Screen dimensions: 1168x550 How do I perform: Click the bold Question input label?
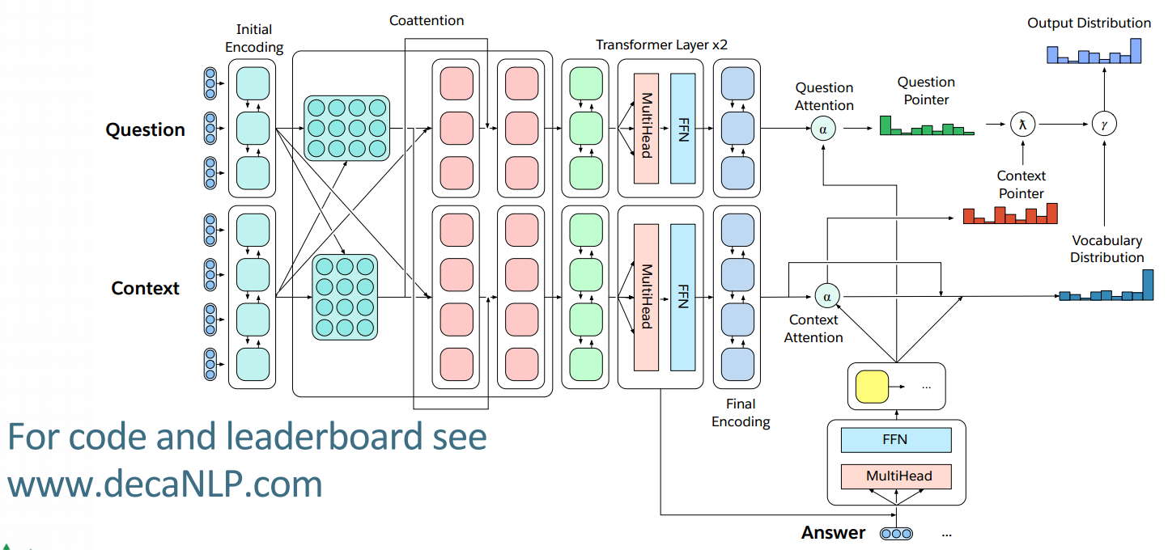pyautogui.click(x=145, y=129)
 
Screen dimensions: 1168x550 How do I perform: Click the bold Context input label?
pyautogui.click(x=145, y=288)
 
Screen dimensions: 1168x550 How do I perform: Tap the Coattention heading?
pyautogui.click(x=427, y=20)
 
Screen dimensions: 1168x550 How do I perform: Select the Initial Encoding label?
pyautogui.click(x=254, y=38)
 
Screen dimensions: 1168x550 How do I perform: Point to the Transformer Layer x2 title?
pyautogui.click(x=661, y=44)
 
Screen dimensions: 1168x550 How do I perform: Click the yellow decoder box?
pyautogui.click(x=872, y=387)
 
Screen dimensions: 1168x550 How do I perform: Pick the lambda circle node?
pyautogui.click(x=1022, y=125)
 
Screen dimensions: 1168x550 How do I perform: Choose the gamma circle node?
pyautogui.click(x=1104, y=125)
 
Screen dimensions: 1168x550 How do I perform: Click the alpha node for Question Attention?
pyautogui.click(x=823, y=129)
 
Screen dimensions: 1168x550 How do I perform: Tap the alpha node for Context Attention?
pyautogui.click(x=827, y=296)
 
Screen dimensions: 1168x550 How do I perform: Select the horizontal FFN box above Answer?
pyautogui.click(x=896, y=440)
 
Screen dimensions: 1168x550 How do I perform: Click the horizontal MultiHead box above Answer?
pyautogui.click(x=896, y=476)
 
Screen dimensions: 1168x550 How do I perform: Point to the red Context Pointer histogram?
pyautogui.click(x=1010, y=214)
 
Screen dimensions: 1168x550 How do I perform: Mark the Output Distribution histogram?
pyautogui.click(x=1094, y=51)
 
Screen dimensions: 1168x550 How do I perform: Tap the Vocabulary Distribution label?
pyautogui.click(x=1107, y=248)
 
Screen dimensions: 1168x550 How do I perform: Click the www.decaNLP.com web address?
pyautogui.click(x=165, y=484)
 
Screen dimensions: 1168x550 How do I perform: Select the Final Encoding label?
pyautogui.click(x=741, y=412)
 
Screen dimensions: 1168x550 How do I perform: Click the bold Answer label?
pyautogui.click(x=833, y=532)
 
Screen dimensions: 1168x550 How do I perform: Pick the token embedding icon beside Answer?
pyautogui.click(x=896, y=534)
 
